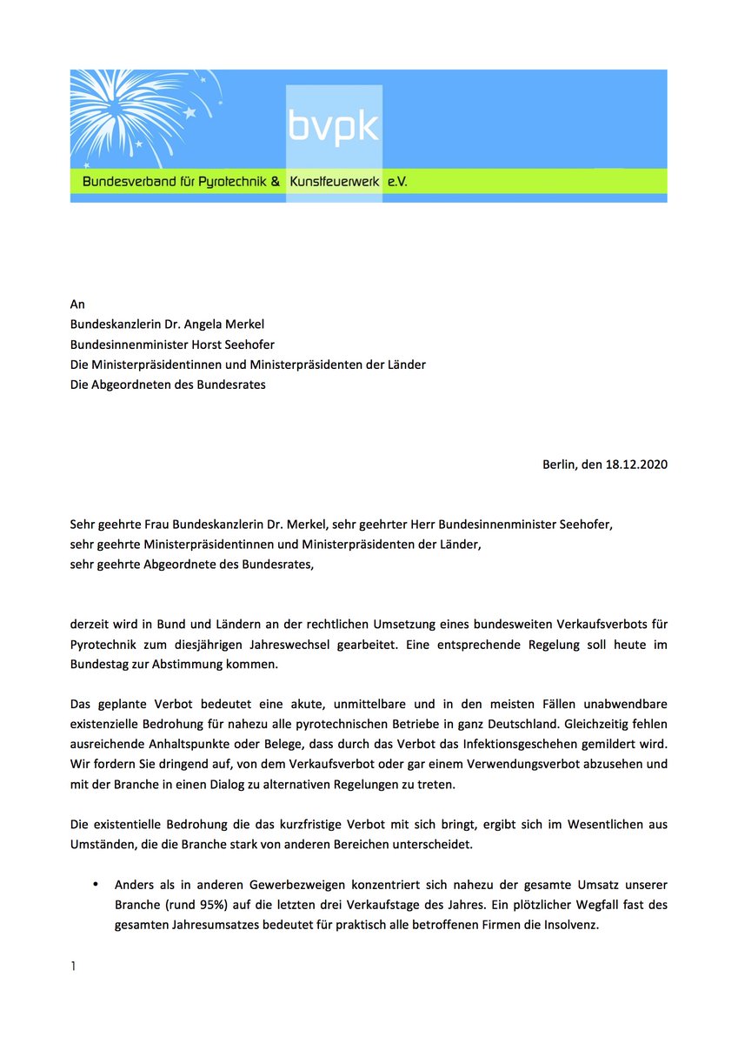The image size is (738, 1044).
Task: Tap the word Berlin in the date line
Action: tap(561, 465)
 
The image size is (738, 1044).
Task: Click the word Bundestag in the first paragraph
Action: tap(102, 664)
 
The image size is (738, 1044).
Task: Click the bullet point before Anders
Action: tap(96, 885)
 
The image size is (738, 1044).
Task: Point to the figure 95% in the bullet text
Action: tap(206, 905)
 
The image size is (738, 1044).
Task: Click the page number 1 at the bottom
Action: tap(73, 967)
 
